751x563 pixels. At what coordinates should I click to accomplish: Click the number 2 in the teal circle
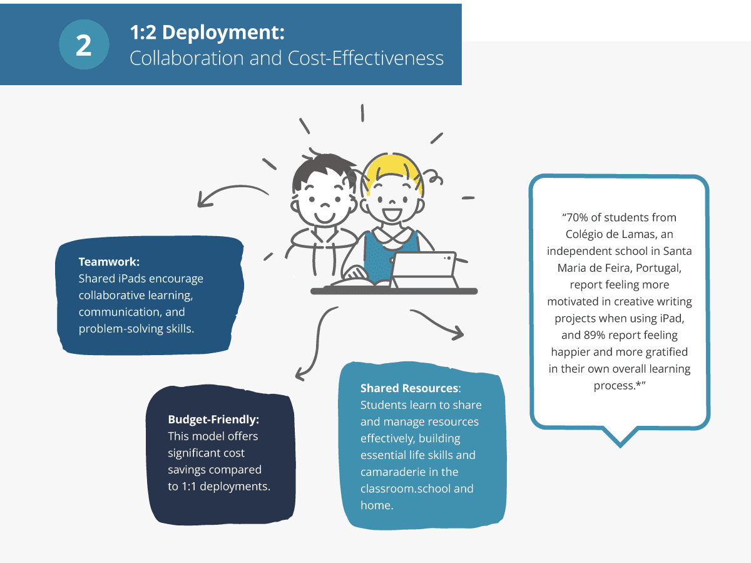pos(84,46)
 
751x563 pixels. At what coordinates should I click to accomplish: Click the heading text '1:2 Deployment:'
pos(207,33)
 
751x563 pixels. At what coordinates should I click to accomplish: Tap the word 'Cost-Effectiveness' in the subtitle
pos(365,58)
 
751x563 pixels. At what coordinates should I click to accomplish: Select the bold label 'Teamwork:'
pos(109,262)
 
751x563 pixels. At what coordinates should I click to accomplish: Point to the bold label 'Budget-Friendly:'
pos(213,420)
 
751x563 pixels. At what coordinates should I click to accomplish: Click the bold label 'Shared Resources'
pos(409,388)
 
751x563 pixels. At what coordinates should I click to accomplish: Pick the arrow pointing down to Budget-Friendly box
pos(317,343)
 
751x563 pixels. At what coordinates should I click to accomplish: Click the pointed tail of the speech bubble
pos(620,447)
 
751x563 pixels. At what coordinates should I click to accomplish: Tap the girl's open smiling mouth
pos(392,215)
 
